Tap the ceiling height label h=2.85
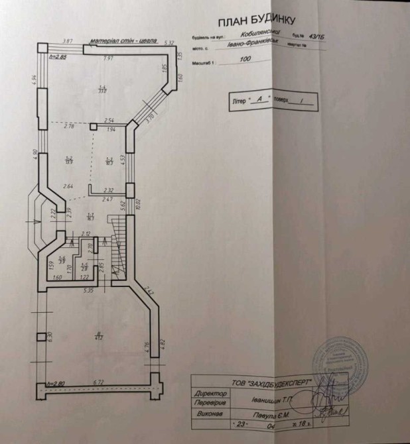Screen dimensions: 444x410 pyautogui.click(x=58, y=57)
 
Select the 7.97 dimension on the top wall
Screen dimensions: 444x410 pyautogui.click(x=108, y=58)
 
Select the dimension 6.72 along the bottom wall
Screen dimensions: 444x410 pyautogui.click(x=100, y=382)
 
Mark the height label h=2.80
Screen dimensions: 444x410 pyautogui.click(x=58, y=382)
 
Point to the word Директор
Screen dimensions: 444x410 pyautogui.click(x=208, y=392)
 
